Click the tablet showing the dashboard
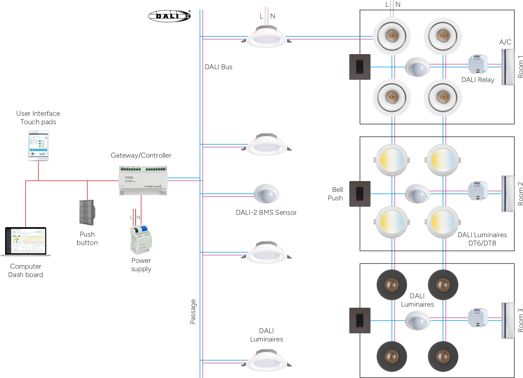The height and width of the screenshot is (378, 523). tap(39, 145)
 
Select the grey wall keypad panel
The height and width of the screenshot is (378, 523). tap(86, 212)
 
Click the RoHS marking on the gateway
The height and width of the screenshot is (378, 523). tap(157, 186)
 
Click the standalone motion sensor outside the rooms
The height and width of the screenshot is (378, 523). tap(267, 193)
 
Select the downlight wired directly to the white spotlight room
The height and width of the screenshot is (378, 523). tap(267, 38)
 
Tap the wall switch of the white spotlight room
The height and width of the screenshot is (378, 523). tap(360, 67)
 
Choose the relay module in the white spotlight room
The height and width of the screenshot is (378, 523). tap(478, 64)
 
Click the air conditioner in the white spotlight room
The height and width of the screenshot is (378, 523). tap(507, 67)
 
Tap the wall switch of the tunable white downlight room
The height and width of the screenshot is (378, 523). tap(360, 194)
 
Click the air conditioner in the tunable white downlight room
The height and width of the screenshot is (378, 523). tap(507, 193)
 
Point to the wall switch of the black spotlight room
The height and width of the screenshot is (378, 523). tap(360, 320)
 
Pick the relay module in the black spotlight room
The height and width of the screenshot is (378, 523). tap(478, 317)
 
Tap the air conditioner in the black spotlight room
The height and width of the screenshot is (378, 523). tap(507, 320)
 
